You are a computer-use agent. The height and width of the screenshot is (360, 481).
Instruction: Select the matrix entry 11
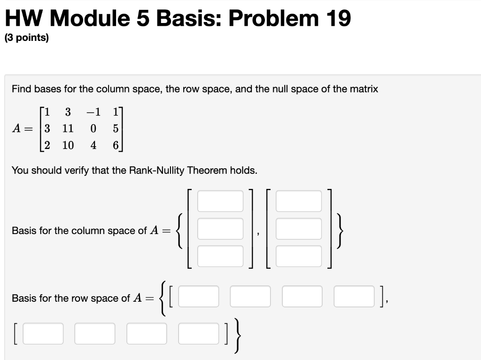(68, 129)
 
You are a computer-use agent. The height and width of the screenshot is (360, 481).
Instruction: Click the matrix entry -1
(94, 112)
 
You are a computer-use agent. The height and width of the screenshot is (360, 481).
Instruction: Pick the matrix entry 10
(68, 146)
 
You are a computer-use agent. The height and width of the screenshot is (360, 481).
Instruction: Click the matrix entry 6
(116, 146)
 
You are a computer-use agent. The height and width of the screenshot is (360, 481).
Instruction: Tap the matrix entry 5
(116, 129)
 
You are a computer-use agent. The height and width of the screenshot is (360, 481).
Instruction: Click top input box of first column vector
(220, 201)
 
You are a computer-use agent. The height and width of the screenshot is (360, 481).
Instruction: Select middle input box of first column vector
(220, 229)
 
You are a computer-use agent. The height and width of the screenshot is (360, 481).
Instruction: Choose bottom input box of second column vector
(299, 257)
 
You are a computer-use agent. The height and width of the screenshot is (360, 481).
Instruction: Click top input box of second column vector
(299, 201)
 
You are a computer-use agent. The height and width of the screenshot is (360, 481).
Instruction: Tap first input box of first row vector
(198, 297)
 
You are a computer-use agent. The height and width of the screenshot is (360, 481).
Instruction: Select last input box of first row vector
(355, 297)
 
